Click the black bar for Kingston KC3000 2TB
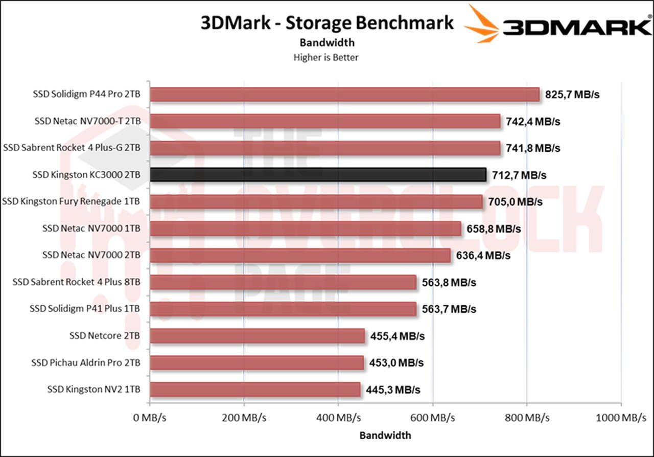pyautogui.click(x=318, y=175)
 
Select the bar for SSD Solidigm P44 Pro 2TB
pyautogui.click(x=345, y=95)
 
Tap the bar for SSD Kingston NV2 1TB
pyautogui.click(x=255, y=390)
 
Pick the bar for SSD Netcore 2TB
pyautogui.click(x=258, y=336)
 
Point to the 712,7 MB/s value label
pyautogui.click(x=519, y=175)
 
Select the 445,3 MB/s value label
pyautogui.click(x=393, y=390)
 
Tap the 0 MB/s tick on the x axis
pyautogui.click(x=150, y=418)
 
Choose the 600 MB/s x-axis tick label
pyautogui.click(x=433, y=418)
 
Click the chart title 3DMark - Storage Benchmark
pyautogui.click(x=327, y=24)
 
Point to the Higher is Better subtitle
pyautogui.click(x=326, y=57)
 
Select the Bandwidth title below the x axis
pyautogui.click(x=385, y=436)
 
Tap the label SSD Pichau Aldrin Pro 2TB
pyautogui.click(x=86, y=362)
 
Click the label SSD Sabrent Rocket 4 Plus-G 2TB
pyautogui.click(x=72, y=148)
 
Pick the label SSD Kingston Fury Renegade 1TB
pyautogui.click(x=72, y=202)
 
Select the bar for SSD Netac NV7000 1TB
pyautogui.click(x=306, y=228)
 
